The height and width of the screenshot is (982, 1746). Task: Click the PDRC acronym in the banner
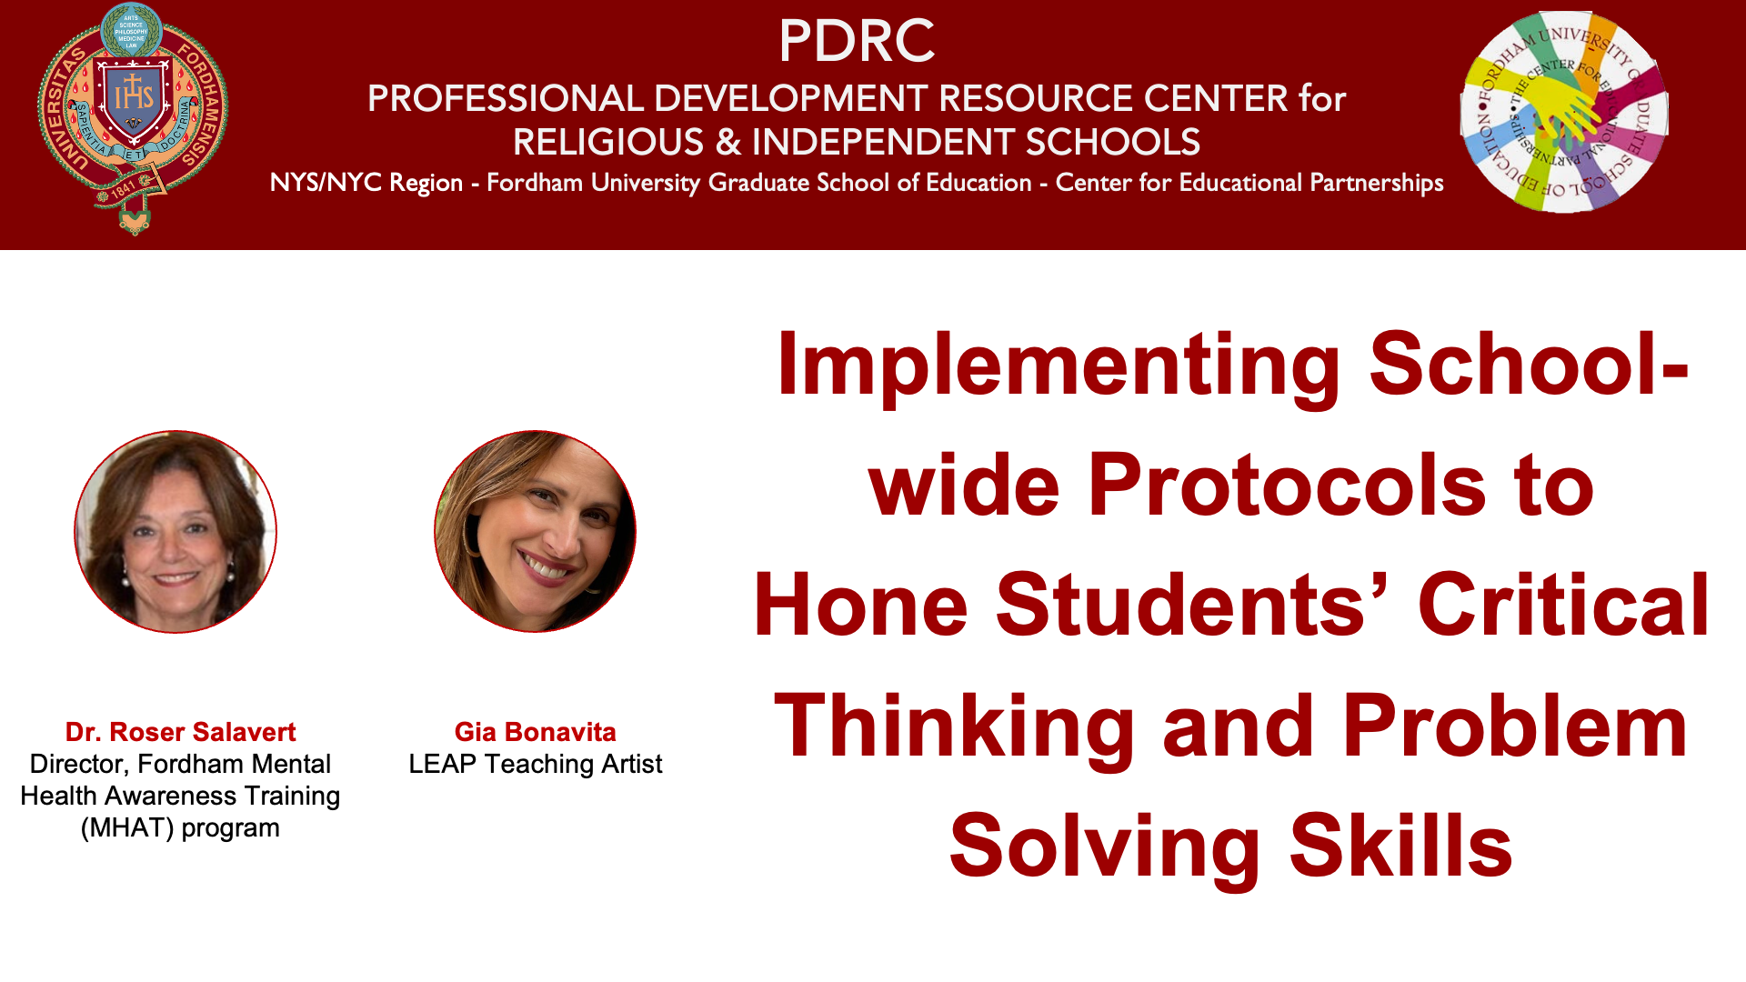tap(856, 41)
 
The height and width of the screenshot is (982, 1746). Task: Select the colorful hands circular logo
tap(1564, 112)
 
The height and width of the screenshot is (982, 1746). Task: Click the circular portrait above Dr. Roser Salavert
tap(176, 532)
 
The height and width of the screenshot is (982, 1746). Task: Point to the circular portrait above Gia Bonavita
tap(536, 532)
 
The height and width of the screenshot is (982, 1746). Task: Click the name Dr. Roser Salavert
tap(180, 732)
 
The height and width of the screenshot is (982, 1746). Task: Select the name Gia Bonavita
tap(536, 732)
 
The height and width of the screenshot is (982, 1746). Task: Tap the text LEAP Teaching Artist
tap(536, 764)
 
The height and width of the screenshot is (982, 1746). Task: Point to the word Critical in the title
tap(1564, 605)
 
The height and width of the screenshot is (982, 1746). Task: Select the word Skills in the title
tap(1401, 846)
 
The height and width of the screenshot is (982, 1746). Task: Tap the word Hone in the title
tap(861, 605)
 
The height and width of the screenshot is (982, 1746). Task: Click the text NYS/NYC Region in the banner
tap(366, 183)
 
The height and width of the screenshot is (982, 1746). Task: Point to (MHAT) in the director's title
tap(127, 828)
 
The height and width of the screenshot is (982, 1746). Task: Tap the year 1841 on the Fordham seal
tap(124, 188)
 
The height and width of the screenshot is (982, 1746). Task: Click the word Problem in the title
tap(1515, 726)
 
